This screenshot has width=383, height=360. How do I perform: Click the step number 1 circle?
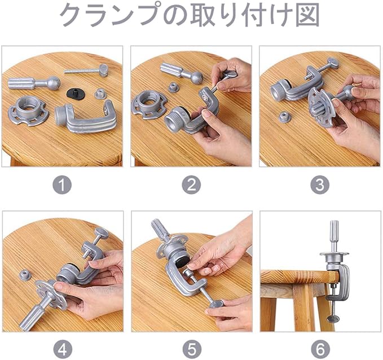[x=62, y=185]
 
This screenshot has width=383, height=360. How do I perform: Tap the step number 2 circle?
[x=191, y=185]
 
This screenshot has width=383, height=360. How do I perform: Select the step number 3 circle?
[x=320, y=185]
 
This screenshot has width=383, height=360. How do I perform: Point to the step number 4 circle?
[x=63, y=349]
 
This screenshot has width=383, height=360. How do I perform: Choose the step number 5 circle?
[x=192, y=349]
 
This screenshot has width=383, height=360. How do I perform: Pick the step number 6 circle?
[x=320, y=349]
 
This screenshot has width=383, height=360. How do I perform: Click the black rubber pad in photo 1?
[x=76, y=93]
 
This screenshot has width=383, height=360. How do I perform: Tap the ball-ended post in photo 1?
[x=34, y=83]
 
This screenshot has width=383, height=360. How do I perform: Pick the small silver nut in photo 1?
[x=100, y=94]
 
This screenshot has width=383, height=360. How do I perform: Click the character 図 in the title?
[x=307, y=15]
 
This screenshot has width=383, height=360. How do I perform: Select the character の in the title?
[x=175, y=15]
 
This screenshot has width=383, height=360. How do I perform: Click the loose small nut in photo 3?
[x=285, y=117]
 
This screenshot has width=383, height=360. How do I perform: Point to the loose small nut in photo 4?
[x=25, y=275]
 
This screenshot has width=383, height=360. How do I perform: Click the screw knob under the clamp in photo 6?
[x=333, y=318]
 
